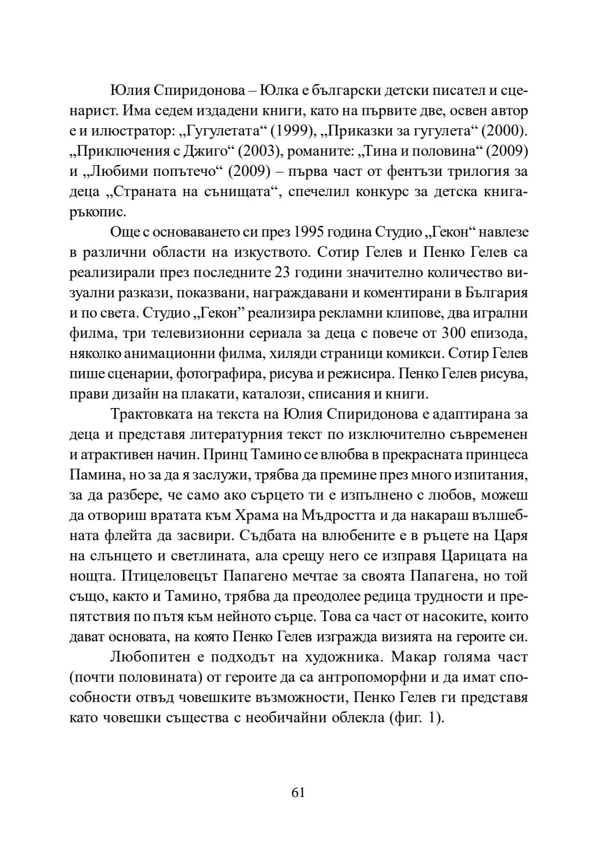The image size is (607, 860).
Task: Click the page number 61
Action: tap(298, 793)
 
